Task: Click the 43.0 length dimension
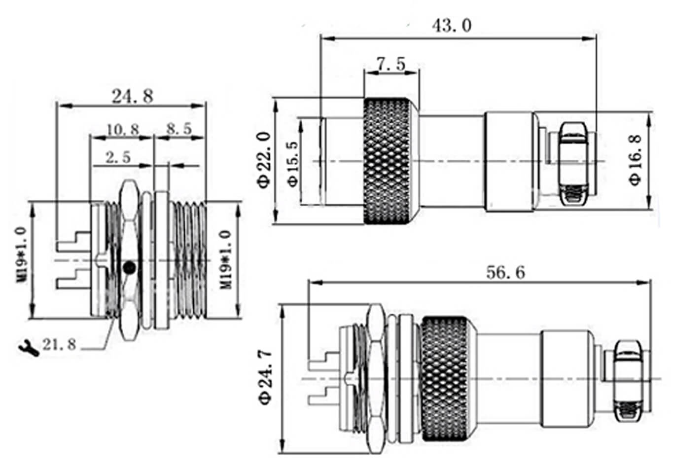(x=451, y=25)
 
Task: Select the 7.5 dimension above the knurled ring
(x=390, y=64)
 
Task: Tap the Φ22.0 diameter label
(x=265, y=160)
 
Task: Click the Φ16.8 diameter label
(x=636, y=160)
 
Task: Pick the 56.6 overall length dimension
(x=505, y=272)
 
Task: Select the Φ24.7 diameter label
(x=265, y=377)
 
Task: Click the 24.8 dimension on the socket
(x=132, y=96)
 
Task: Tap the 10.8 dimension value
(x=123, y=129)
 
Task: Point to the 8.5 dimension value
(x=178, y=129)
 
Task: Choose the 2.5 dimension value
(x=118, y=157)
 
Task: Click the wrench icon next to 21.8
(x=29, y=348)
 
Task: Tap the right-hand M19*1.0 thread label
(x=225, y=260)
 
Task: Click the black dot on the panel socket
(x=129, y=268)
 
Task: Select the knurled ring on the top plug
(x=387, y=161)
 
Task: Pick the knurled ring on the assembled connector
(x=445, y=379)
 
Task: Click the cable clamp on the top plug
(x=573, y=163)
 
